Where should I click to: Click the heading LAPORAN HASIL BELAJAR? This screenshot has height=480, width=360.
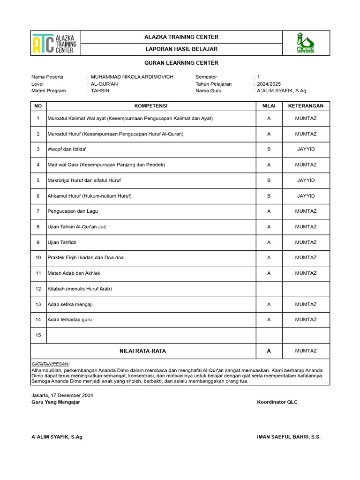(181, 49)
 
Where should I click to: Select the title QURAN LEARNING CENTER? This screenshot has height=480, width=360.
(181, 63)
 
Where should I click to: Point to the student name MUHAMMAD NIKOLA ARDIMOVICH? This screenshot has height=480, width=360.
(132, 77)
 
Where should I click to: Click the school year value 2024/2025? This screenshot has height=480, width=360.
(269, 84)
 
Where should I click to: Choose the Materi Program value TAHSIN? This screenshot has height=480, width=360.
(100, 90)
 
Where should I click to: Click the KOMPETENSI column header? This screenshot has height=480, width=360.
(151, 106)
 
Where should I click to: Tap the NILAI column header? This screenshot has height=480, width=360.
(269, 106)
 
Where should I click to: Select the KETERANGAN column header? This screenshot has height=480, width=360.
(306, 106)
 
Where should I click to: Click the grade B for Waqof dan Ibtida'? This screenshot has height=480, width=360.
(269, 150)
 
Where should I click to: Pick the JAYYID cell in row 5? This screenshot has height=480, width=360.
(306, 180)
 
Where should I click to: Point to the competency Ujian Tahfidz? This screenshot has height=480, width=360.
(62, 242)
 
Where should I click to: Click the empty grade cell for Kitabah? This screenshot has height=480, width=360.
(269, 289)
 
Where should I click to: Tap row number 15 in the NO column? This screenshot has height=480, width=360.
(38, 335)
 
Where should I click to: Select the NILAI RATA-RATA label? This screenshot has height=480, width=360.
(143, 351)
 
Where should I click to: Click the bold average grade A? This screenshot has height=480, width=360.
(269, 351)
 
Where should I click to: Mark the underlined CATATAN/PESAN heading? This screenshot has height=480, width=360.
(50, 364)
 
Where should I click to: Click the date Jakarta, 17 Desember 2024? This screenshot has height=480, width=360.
(62, 396)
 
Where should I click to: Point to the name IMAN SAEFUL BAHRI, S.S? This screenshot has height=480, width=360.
(289, 437)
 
